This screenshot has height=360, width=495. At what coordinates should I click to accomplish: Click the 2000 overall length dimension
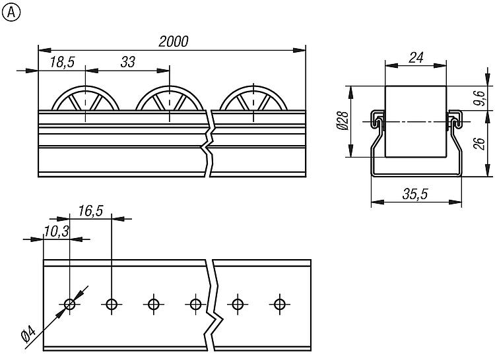coord(174,41)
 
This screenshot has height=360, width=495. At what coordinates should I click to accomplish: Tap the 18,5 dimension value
coord(62,62)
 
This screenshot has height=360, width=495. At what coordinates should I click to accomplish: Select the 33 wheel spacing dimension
coord(128,62)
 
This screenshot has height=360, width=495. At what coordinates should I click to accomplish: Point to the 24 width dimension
coord(415,57)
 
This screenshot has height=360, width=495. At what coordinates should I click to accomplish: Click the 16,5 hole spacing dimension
coord(90,210)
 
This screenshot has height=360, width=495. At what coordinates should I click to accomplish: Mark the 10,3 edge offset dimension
coord(57,230)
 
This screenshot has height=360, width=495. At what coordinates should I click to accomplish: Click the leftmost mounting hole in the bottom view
coord(69,304)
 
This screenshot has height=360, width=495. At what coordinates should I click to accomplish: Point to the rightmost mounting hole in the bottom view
coord(279,304)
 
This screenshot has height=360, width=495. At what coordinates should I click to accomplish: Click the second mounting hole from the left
coord(112,304)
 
